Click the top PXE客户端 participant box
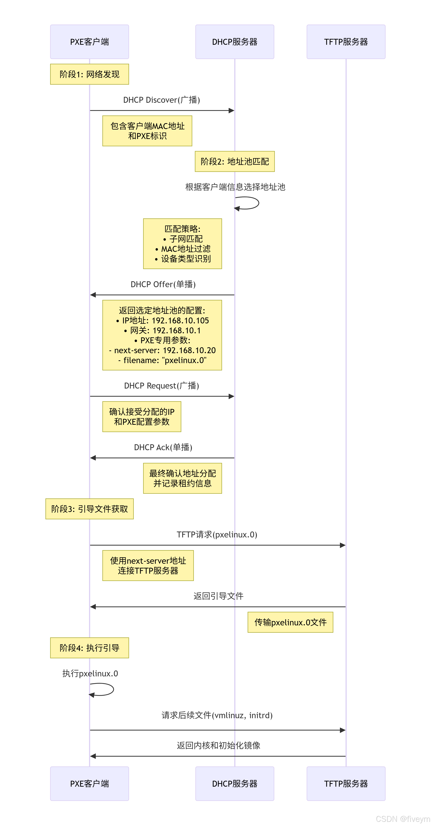pyautogui.click(x=90, y=42)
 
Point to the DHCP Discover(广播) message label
pyautogui.click(x=162, y=100)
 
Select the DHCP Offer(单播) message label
pyautogui.click(x=163, y=284)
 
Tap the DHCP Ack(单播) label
pyautogui.click(x=163, y=447)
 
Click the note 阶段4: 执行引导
pyautogui.click(x=90, y=648)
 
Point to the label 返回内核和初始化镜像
pyautogui.click(x=218, y=745)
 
